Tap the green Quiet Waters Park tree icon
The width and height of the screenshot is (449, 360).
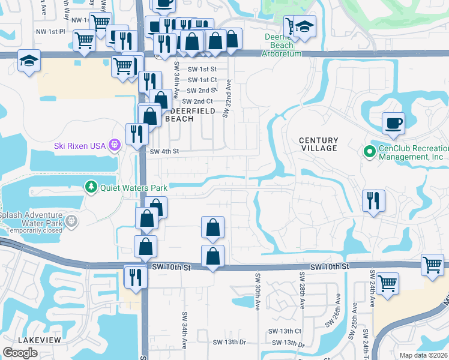(91, 187)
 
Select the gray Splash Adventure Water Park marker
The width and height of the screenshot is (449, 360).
(72, 221)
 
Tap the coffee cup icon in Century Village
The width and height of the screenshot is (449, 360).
(393, 123)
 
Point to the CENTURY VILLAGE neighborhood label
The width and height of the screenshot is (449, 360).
(319, 145)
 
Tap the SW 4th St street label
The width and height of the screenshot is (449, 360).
(164, 152)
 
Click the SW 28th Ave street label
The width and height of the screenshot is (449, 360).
(302, 292)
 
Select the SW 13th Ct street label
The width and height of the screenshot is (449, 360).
(285, 331)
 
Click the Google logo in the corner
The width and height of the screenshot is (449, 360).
(20, 352)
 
